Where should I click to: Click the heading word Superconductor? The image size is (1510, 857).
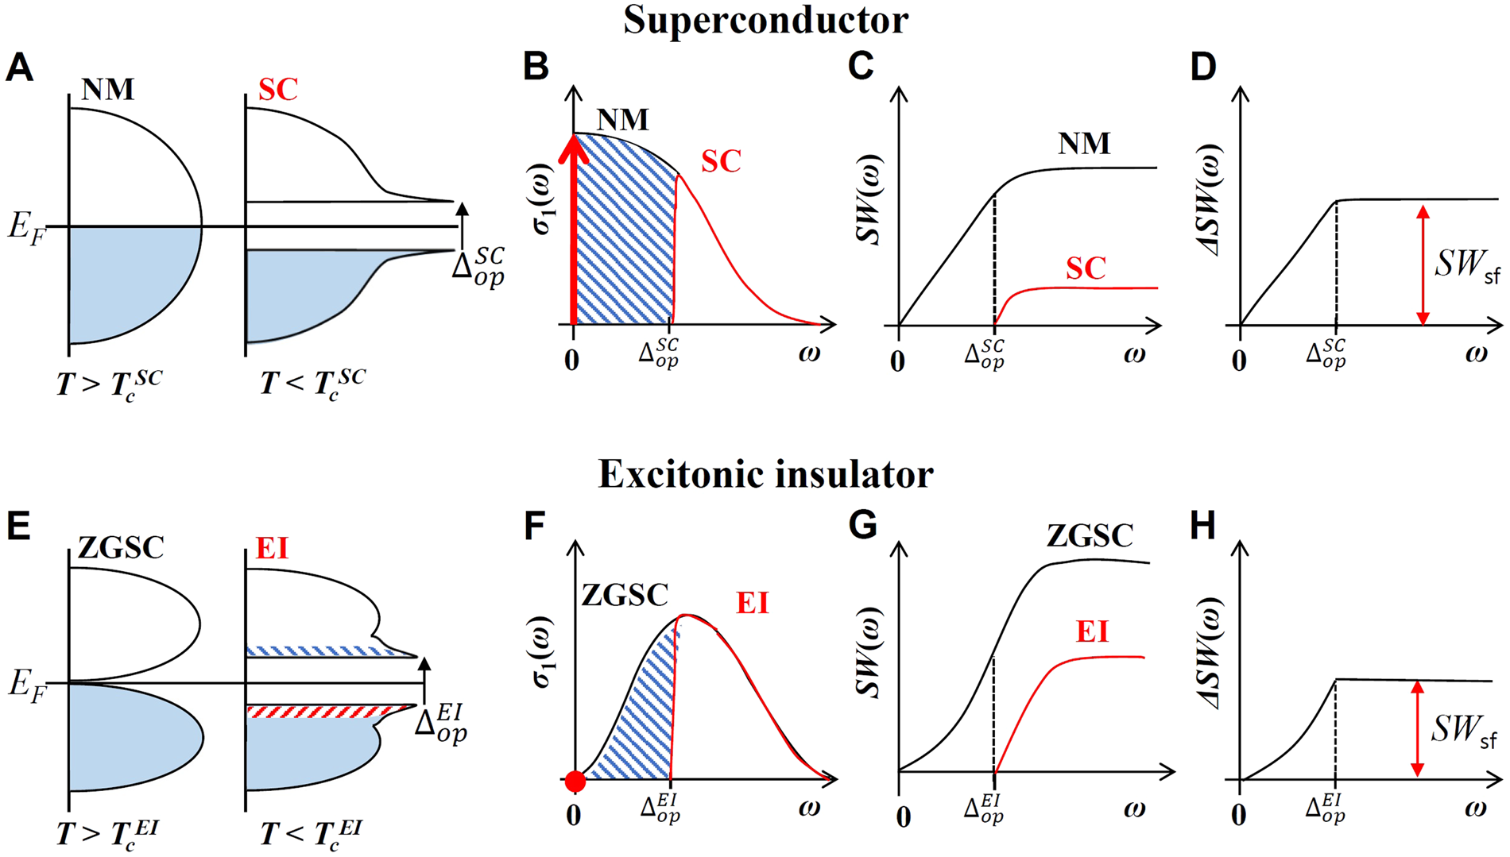(765, 20)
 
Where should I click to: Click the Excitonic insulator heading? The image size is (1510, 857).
(765, 474)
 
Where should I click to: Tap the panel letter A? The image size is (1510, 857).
(19, 68)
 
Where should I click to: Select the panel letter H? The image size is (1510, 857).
(1202, 526)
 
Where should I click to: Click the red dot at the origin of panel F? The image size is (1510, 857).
(575, 782)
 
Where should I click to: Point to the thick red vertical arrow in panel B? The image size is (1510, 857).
(573, 230)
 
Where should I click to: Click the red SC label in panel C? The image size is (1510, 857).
(1086, 268)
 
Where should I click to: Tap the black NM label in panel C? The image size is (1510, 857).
(1084, 144)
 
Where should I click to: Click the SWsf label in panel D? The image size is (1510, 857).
(1467, 264)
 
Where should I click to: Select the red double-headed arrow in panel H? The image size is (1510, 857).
(1417, 728)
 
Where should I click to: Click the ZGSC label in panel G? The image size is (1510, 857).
(1089, 536)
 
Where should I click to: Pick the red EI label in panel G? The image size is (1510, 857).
(1092, 632)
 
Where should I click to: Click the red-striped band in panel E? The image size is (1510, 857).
(330, 711)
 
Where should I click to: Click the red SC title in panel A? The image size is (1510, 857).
(278, 90)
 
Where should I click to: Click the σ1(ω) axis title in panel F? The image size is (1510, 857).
(544, 651)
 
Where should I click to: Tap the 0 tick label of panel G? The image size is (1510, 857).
(903, 816)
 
